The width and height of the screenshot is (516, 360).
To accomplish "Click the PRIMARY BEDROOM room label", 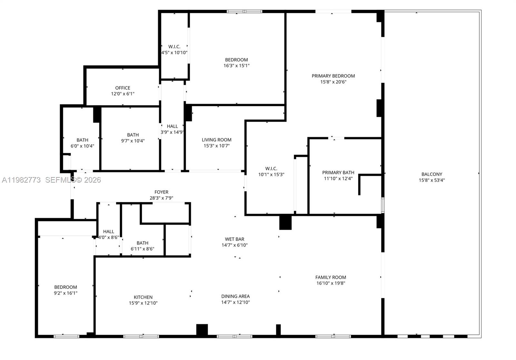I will point(333,76).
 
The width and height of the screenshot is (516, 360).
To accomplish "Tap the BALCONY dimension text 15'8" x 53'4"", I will point(432,180).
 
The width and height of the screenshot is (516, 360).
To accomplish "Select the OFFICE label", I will point(123,88).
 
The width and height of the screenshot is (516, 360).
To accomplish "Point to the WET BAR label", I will point(234,239).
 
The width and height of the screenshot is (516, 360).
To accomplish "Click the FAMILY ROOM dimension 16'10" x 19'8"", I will point(331,283).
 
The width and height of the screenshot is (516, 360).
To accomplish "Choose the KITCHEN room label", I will point(143,297).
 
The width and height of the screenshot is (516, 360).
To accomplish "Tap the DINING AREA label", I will point(235,296).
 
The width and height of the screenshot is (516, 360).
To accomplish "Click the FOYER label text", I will point(161,192).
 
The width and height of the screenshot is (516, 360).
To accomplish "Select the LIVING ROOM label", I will point(216,140).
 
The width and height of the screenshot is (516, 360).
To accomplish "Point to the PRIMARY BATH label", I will point(338,173).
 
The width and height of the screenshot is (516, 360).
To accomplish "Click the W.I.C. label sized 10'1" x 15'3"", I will point(271,168).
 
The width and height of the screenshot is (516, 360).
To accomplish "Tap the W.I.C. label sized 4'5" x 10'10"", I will point(174,47).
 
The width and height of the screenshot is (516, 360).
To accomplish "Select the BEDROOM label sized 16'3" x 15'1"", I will point(236,60).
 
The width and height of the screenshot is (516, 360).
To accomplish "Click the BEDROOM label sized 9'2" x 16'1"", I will point(65,287).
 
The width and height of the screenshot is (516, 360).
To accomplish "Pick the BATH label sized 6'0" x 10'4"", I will point(82,140).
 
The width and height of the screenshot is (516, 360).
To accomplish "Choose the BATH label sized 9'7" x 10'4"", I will point(133,135).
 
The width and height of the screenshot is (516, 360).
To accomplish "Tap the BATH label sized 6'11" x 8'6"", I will point(142,243).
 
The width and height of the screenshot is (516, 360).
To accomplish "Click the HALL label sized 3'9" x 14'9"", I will point(172,126).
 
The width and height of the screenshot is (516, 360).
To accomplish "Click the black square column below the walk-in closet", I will point(285,222).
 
